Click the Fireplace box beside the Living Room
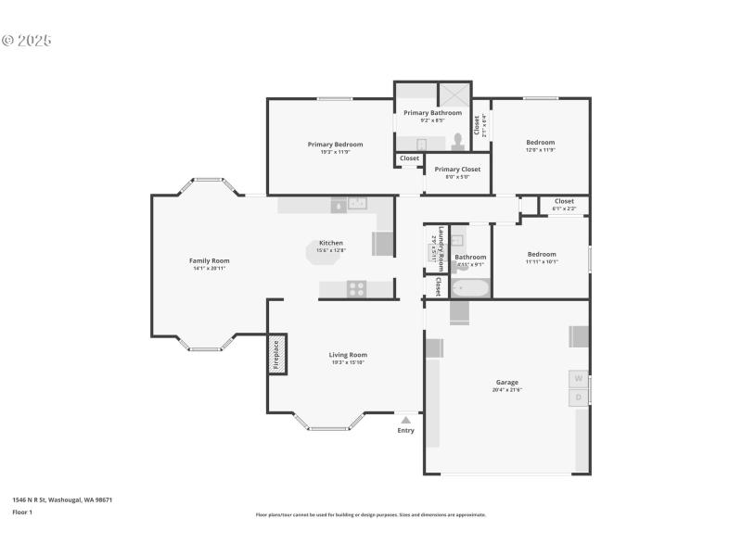(x=275, y=354)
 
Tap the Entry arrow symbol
(x=405, y=420)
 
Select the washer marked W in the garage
(x=578, y=379)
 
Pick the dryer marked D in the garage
(x=578, y=398)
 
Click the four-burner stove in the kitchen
(x=356, y=289)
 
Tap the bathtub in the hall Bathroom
(x=470, y=288)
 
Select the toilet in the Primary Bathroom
(x=457, y=143)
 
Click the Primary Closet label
(x=457, y=170)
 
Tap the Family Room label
(x=209, y=260)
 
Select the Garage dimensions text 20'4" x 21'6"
(x=506, y=390)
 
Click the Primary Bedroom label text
(x=335, y=144)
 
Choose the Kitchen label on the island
(x=331, y=243)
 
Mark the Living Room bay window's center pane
(x=329, y=428)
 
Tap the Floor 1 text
(x=22, y=512)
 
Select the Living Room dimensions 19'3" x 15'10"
(x=348, y=362)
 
